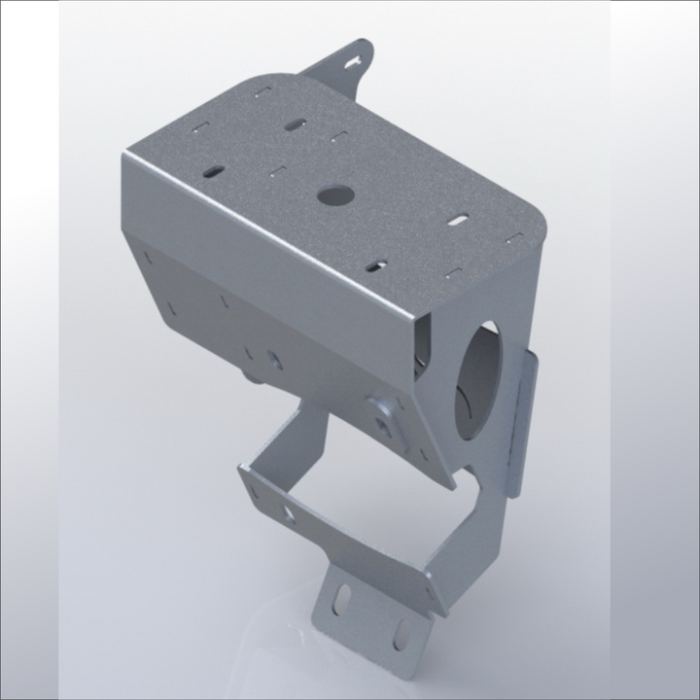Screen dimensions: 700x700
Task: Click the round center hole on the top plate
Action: click(332, 194)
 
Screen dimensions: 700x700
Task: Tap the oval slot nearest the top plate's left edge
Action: click(214, 171)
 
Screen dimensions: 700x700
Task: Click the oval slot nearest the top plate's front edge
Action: click(378, 263)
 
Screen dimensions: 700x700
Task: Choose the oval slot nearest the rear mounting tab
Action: click(297, 124)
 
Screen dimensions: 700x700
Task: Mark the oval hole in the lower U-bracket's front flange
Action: click(290, 512)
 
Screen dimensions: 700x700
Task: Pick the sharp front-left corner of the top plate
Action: click(127, 156)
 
